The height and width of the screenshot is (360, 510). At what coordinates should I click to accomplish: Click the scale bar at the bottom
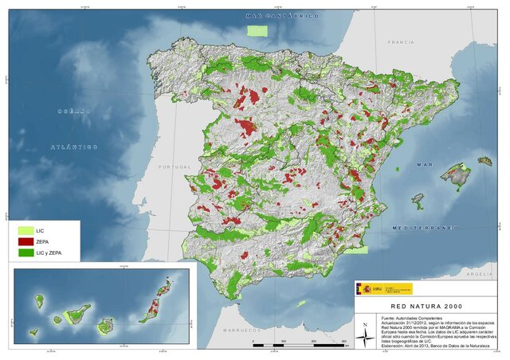coord(299,345)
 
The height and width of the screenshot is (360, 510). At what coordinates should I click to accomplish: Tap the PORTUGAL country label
coord(177,166)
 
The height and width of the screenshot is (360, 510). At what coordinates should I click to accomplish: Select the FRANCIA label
coord(401,41)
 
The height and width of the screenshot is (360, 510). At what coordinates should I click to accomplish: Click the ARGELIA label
coord(478,274)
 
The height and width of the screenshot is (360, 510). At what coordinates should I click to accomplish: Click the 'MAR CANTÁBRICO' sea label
coord(282,16)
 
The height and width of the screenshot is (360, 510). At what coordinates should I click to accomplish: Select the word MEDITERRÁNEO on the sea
coord(425,228)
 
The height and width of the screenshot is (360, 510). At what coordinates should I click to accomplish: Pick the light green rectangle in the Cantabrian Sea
coord(257,31)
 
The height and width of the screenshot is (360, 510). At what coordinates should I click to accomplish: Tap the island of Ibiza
coord(418,202)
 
